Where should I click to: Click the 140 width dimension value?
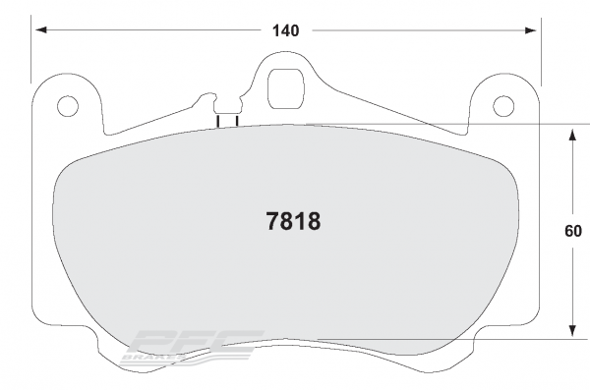[x=285, y=30]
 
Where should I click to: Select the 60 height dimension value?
[x=573, y=233]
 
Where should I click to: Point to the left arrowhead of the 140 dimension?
[x=39, y=30]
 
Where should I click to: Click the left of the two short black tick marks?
[x=217, y=122]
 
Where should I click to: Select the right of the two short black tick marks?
[x=237, y=122]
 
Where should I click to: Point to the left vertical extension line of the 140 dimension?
[x=32, y=49]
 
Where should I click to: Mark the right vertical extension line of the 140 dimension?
[x=539, y=49]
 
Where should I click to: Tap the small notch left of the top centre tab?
[x=208, y=97]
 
